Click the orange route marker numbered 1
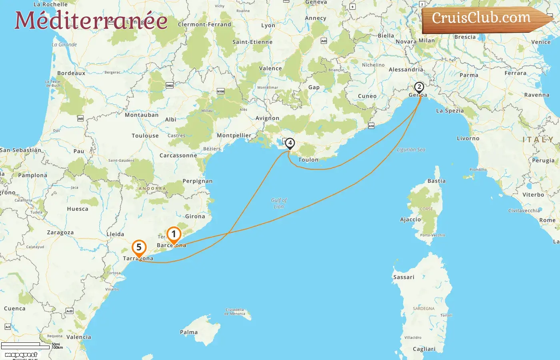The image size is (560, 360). tap(174, 234)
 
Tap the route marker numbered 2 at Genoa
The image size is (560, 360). tap(419, 87)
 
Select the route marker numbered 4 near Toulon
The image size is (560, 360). tap(290, 143)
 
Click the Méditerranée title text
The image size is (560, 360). tap(91, 20)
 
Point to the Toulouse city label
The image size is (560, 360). tap(145, 136)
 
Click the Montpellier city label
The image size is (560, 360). tap(234, 136)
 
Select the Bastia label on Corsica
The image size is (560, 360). tap(436, 181)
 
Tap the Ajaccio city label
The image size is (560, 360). tap(410, 220)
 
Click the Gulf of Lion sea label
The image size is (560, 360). tap(279, 203)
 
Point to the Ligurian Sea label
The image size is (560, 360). tap(411, 150)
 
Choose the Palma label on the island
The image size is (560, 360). tap(189, 332)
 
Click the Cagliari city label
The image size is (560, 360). tap(424, 349)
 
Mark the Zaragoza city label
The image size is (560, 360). tap(60, 233)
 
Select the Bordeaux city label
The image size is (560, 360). tap(71, 73)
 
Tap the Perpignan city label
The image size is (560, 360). tap(198, 181)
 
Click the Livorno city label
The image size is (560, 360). tap(468, 138)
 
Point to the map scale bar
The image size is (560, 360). tap(25, 346)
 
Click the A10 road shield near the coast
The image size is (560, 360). tap(371, 126)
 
